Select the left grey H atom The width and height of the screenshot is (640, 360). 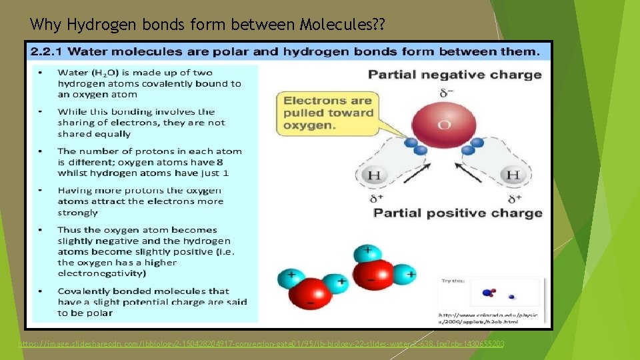(374, 175)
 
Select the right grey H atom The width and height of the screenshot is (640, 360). (512, 175)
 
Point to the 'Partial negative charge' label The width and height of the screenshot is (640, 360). (455, 74)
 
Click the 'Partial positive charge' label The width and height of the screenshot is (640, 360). (457, 213)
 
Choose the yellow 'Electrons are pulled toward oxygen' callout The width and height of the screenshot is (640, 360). (328, 113)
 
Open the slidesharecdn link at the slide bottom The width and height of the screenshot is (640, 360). (261, 343)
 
